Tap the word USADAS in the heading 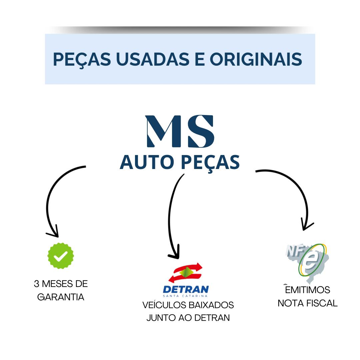click(x=153, y=59)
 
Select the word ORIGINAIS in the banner click(x=256, y=59)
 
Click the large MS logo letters click(x=180, y=131)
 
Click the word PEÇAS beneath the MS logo click(x=210, y=163)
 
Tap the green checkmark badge click(x=61, y=256)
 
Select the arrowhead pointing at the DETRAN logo click(x=175, y=253)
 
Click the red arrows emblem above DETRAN click(x=186, y=273)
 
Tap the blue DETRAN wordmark click(x=186, y=289)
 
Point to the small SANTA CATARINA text click(x=185, y=296)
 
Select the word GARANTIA click(x=61, y=297)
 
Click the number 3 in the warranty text click(x=37, y=284)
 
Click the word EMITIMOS click(x=308, y=290)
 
